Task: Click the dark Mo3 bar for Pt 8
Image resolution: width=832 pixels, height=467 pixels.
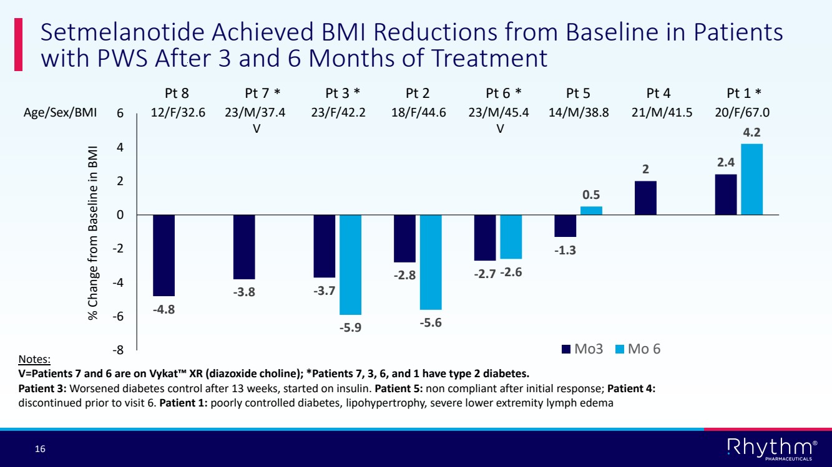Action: [164, 255]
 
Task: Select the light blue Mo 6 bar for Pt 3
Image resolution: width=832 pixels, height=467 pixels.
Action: [350, 264]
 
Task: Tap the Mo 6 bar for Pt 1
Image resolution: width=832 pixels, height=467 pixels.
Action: [751, 180]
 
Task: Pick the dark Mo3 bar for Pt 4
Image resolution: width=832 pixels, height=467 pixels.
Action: [645, 198]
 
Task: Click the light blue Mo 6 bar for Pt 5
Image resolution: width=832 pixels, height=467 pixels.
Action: [591, 211]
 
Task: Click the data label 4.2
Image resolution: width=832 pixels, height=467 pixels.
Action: [752, 133]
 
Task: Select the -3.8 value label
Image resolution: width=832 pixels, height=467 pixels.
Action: [244, 292]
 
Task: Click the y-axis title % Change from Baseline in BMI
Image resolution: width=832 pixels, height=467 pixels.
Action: [94, 233]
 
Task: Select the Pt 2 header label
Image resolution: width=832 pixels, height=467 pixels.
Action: [418, 94]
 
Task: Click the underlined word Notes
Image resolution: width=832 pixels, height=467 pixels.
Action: [35, 360]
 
